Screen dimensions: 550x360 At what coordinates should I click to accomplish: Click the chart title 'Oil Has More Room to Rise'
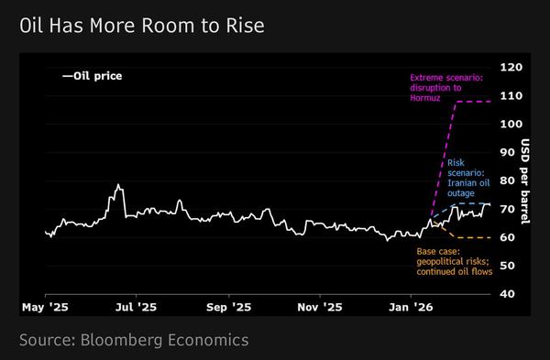click(x=142, y=26)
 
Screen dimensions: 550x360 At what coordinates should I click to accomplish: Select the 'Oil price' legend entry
click(x=93, y=76)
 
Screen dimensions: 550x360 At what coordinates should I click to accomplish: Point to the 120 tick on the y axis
click(x=511, y=67)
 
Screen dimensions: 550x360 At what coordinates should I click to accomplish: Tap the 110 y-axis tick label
click(x=511, y=95)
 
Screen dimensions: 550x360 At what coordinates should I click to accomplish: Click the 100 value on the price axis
click(x=511, y=124)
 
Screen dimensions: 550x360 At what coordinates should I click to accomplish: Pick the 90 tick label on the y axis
click(x=507, y=152)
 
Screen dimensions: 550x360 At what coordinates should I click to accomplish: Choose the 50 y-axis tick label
click(x=507, y=266)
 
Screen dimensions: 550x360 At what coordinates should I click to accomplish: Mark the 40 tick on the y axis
click(x=507, y=294)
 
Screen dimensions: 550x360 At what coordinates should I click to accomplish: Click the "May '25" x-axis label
click(x=45, y=308)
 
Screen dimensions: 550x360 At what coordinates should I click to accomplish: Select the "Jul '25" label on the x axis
click(x=136, y=308)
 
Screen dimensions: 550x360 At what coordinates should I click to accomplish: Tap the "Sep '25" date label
click(x=228, y=308)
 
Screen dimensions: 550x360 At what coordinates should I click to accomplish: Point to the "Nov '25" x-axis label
click(x=320, y=308)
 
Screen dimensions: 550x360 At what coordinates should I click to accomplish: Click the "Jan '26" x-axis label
click(x=411, y=308)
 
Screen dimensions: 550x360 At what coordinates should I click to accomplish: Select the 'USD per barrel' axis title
click(x=525, y=181)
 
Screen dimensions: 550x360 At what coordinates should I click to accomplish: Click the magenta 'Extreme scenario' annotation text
click(x=446, y=88)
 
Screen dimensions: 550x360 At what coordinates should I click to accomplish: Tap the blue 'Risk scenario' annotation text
click(x=468, y=178)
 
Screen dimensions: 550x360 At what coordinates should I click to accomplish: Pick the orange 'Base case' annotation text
click(x=455, y=261)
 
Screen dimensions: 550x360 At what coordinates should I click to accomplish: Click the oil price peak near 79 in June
click(x=118, y=184)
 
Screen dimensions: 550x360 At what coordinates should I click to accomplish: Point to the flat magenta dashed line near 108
click(x=473, y=102)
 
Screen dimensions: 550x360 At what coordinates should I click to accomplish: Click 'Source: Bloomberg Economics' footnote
click(x=134, y=341)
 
